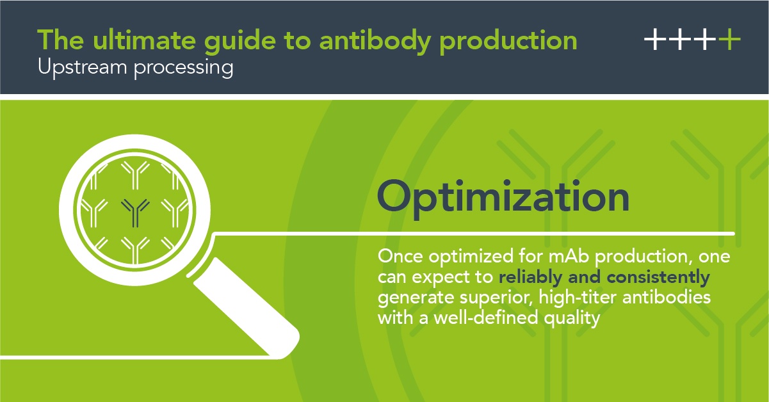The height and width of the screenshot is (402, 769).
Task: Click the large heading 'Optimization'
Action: click(x=503, y=197)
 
